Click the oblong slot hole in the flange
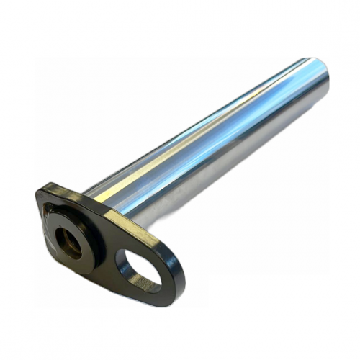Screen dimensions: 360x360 tap(139, 267)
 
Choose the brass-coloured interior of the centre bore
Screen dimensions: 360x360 tap(71, 246)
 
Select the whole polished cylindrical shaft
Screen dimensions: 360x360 tap(216, 137)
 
